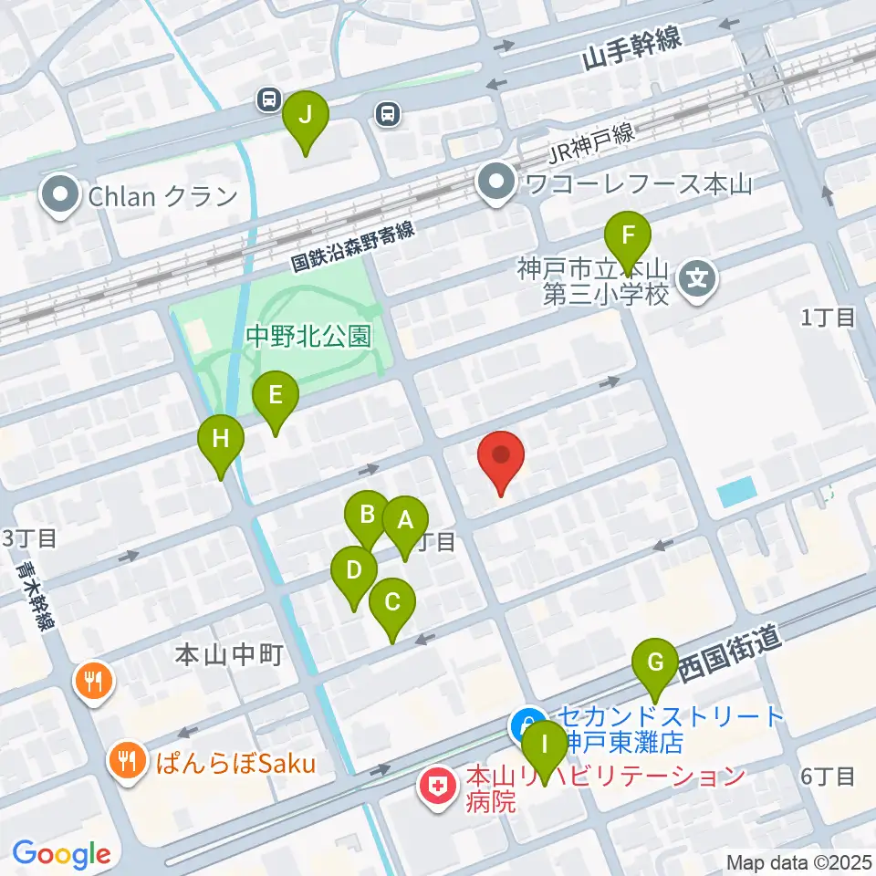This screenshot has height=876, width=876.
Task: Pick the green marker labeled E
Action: [276, 398]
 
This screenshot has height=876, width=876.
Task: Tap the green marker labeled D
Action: [354, 575]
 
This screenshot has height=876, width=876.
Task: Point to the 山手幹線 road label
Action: [635, 57]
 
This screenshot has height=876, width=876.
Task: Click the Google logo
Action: [61, 855]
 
